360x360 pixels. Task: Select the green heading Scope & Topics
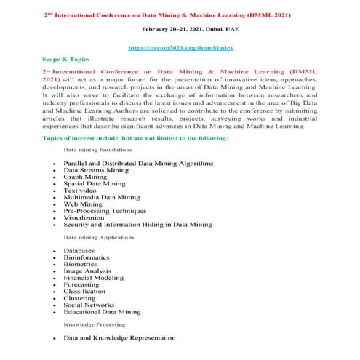68,61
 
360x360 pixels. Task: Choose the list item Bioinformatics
87,257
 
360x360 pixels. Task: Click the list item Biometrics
84,264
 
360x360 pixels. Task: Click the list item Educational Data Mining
102,312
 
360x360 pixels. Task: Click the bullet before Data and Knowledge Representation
54,339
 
